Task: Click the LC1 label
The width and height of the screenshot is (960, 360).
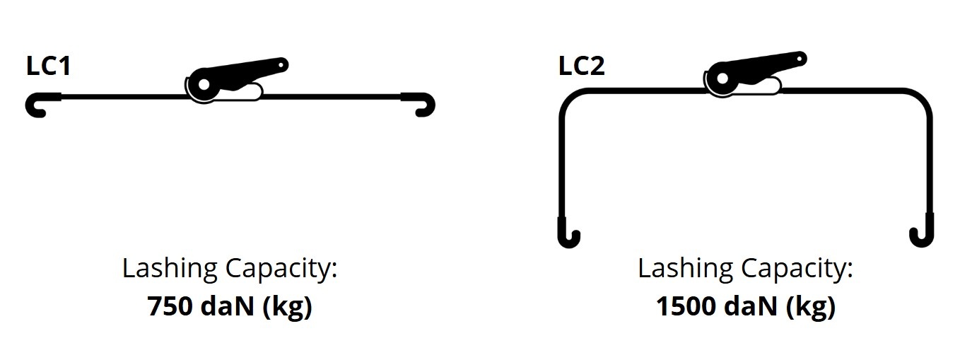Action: [x=49, y=66]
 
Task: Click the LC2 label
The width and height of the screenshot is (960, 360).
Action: [x=582, y=66]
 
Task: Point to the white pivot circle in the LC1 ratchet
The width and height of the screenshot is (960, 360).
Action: [x=204, y=84]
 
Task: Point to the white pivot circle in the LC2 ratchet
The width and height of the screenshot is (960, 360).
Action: [x=722, y=79]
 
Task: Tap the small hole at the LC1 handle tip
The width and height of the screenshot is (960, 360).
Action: [x=281, y=66]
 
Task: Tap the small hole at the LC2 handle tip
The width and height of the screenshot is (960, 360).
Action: [x=800, y=59]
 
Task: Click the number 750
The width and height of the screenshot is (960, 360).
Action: [x=170, y=306]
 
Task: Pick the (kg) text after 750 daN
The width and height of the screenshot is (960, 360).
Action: [x=287, y=307]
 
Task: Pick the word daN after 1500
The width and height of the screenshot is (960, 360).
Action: [x=751, y=306]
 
